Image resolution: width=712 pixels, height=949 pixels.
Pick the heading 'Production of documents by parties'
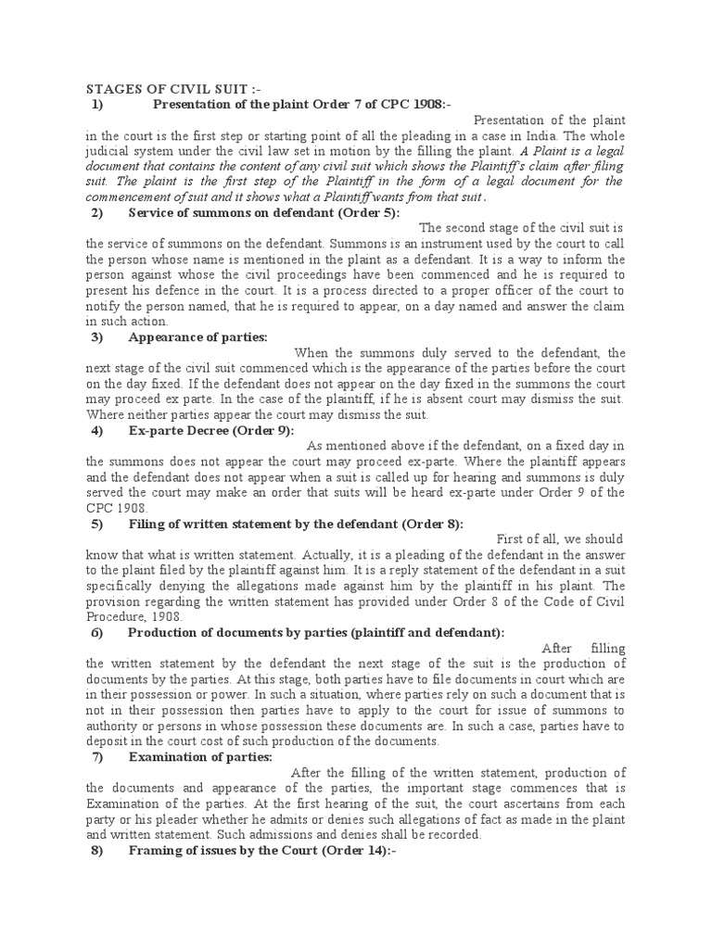click(x=316, y=632)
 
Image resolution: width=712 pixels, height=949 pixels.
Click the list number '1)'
click(x=97, y=104)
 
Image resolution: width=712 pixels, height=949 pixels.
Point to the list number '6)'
click(x=97, y=632)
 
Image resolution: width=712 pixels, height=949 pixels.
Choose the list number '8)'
click(x=97, y=849)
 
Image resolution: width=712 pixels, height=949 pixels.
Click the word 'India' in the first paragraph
click(x=537, y=135)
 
